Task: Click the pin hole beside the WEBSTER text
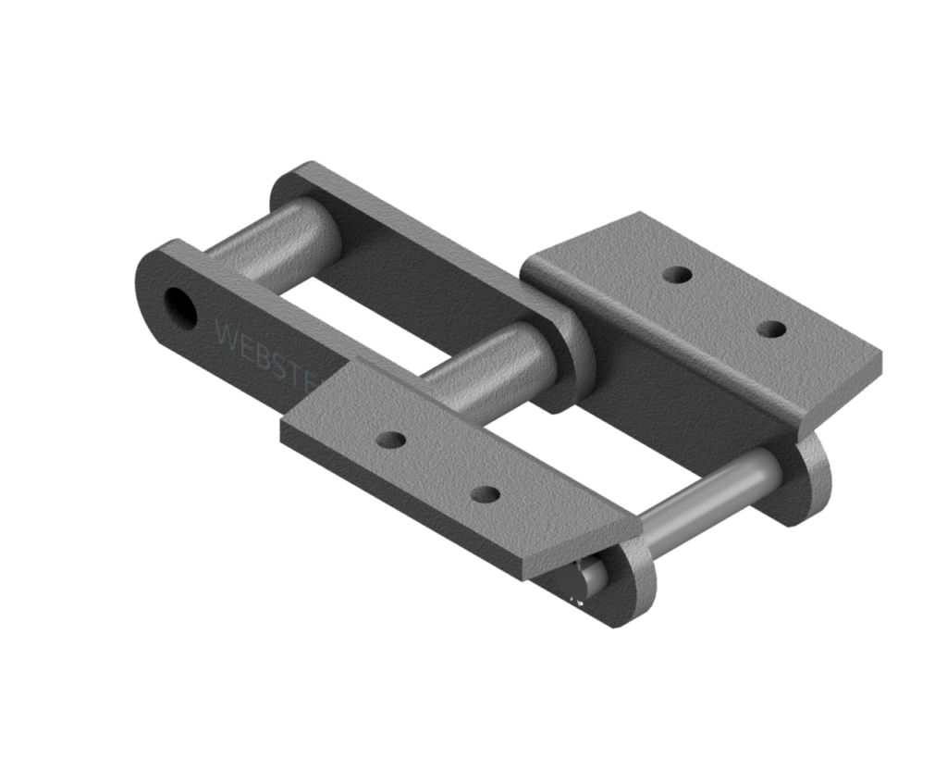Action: click(179, 307)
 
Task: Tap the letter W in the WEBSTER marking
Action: click(225, 332)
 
